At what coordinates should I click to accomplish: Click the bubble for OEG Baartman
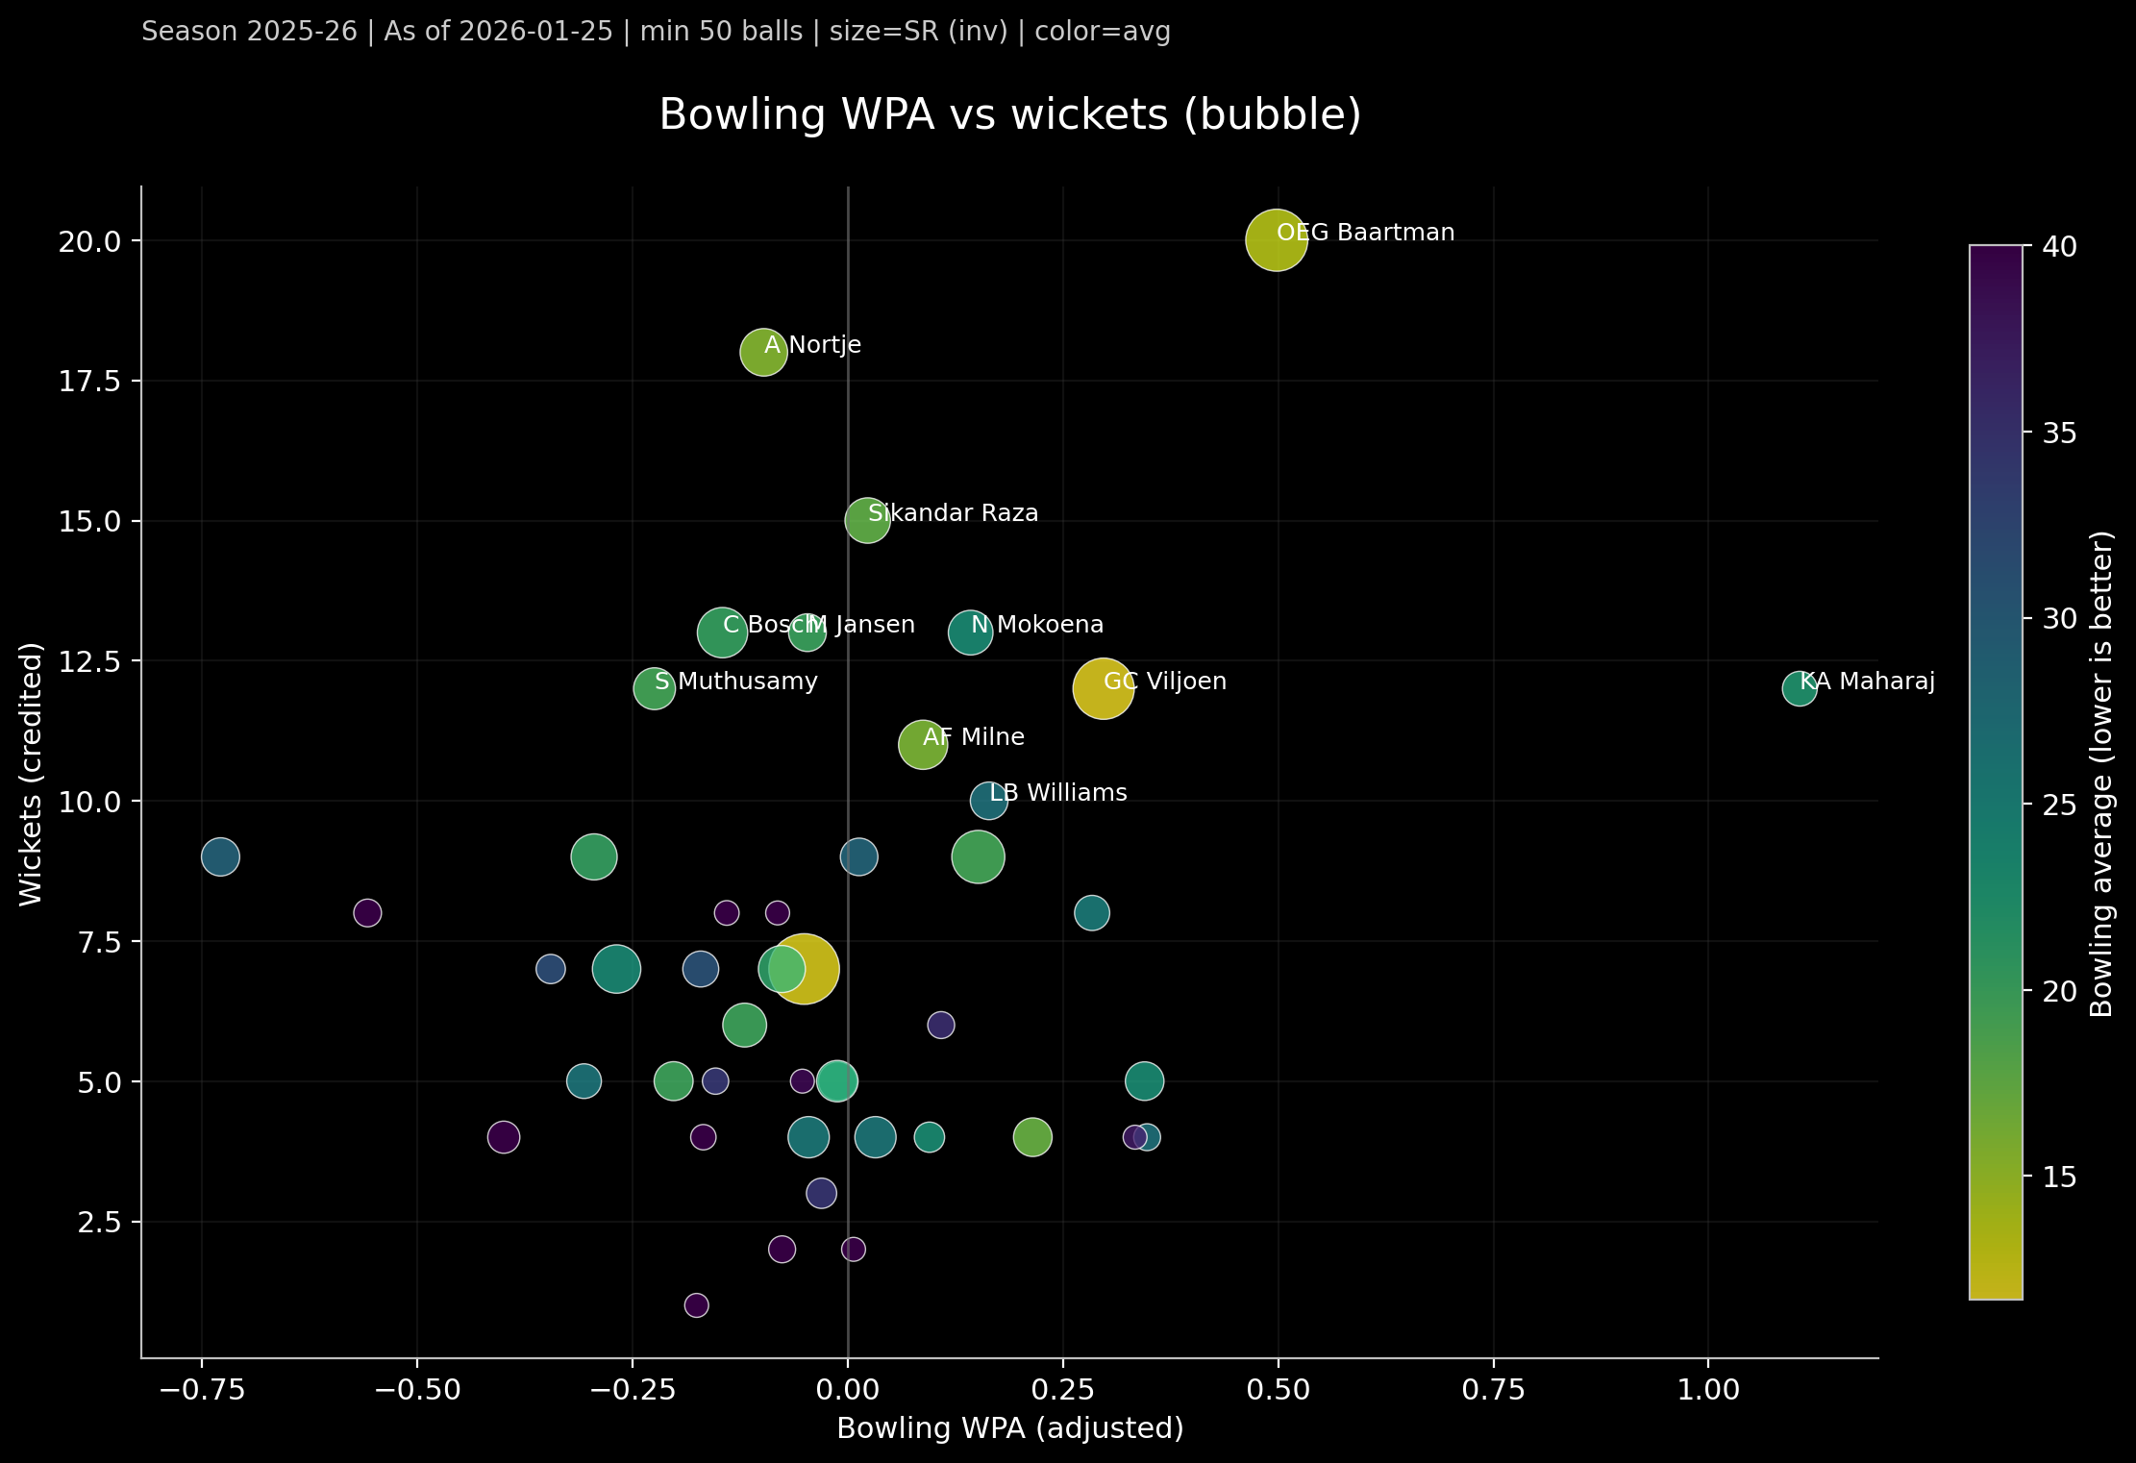1276,240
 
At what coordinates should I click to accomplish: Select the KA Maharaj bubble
1799,689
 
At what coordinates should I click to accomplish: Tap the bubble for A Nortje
763,353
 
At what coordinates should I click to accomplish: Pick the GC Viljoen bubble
1103,689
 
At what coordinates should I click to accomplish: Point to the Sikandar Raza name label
953,513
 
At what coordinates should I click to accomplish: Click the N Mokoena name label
1037,625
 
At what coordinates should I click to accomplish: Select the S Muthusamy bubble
654,689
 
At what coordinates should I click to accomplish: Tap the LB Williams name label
1057,793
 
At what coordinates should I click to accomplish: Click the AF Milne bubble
922,745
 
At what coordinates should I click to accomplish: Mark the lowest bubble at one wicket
696,1305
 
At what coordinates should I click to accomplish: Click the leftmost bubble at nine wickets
220,856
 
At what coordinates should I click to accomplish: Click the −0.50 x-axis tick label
416,1391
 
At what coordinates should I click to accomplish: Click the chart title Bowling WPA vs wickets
1009,115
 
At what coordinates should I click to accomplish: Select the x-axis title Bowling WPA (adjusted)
1009,1428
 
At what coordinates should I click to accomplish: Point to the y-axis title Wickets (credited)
31,774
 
